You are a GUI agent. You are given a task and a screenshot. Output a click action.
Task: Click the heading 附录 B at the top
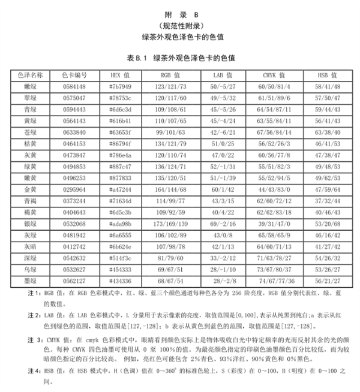[x=181, y=13]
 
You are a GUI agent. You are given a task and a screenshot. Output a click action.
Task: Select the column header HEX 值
[x=119, y=76]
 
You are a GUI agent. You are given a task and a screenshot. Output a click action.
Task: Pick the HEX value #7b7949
[x=119, y=87]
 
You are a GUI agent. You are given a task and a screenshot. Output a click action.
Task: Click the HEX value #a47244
[x=119, y=189]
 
